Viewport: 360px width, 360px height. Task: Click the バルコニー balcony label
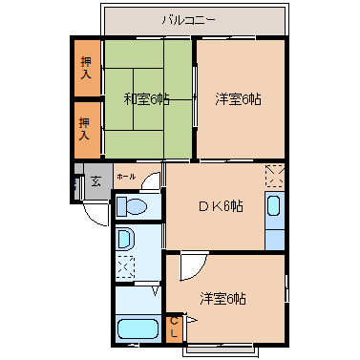pyautogui.click(x=189, y=21)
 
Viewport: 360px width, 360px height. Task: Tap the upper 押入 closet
pyautogui.click(x=88, y=68)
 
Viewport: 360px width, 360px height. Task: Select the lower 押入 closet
pyautogui.click(x=88, y=130)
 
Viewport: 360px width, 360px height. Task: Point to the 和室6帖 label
pyautogui.click(x=146, y=99)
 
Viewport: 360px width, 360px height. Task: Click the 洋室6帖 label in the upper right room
pyautogui.click(x=238, y=99)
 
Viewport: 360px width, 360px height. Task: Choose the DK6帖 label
pyautogui.click(x=221, y=206)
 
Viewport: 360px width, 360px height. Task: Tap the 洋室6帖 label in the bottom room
pyautogui.click(x=222, y=299)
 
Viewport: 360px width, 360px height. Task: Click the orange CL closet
pyautogui.click(x=174, y=328)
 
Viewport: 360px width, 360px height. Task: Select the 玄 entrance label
pyautogui.click(x=95, y=181)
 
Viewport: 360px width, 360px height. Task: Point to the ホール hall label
pyautogui.click(x=126, y=177)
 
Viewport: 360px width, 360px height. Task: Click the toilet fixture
pyautogui.click(x=131, y=206)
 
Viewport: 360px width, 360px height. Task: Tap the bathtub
pyautogui.click(x=138, y=329)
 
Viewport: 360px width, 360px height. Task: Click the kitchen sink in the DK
pyautogui.click(x=274, y=206)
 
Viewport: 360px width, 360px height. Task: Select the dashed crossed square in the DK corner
pyautogui.click(x=275, y=176)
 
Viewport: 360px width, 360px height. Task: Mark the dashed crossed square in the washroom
pyautogui.click(x=125, y=266)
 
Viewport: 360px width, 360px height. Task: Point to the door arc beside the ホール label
pyautogui.click(x=149, y=180)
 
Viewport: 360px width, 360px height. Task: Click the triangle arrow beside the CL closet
pyautogui.click(x=192, y=320)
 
